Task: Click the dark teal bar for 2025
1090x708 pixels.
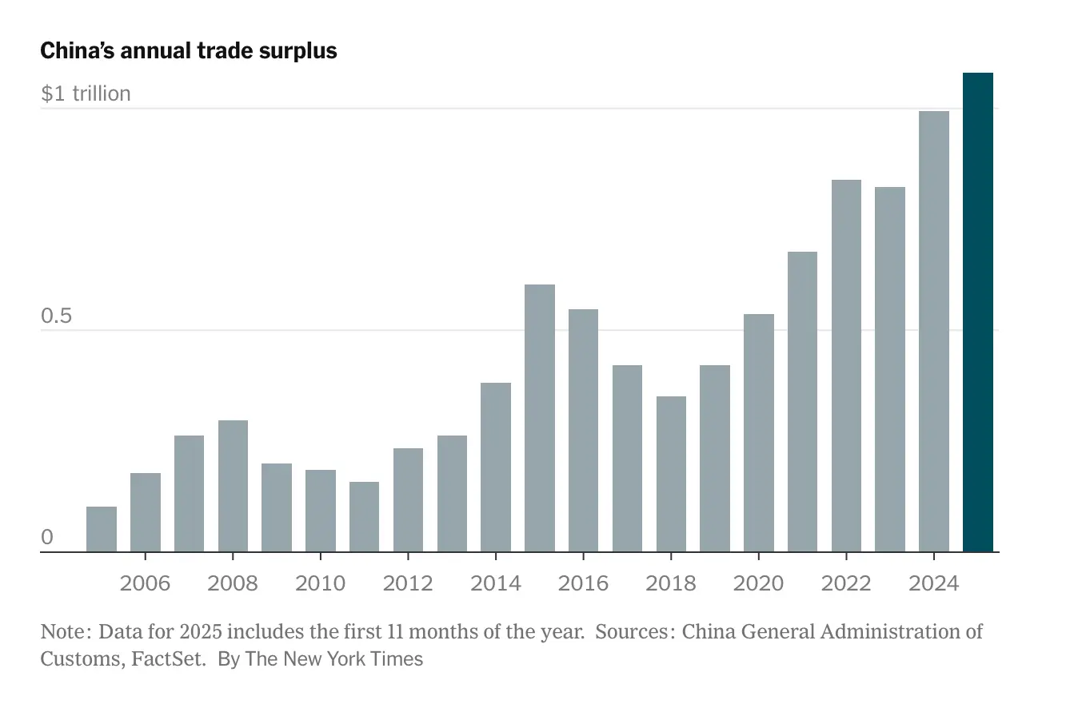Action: point(977,312)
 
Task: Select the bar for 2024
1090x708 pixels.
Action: point(933,331)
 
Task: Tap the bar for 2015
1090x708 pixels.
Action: point(540,418)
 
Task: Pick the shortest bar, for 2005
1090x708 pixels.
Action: point(102,529)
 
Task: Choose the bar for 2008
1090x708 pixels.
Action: point(233,486)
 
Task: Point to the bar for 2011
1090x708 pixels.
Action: point(364,516)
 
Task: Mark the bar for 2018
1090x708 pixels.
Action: point(671,474)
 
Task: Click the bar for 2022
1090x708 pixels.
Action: point(846,366)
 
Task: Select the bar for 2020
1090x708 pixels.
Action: point(758,432)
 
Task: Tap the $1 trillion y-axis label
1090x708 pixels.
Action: point(86,93)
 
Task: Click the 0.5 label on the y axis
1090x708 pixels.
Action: point(56,316)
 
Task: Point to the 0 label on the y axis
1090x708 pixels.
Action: point(47,537)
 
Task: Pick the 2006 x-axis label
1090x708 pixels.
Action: point(145,583)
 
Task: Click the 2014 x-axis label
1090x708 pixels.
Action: point(496,583)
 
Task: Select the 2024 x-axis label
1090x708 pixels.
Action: point(933,583)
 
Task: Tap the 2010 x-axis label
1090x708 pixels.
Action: point(320,583)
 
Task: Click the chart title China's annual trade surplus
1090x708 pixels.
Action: point(189,51)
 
